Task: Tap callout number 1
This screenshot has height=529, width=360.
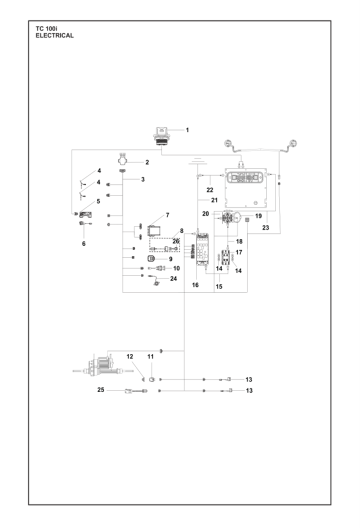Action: (x=187, y=130)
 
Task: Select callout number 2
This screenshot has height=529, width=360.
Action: (x=146, y=162)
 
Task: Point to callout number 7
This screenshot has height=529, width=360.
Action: (x=167, y=215)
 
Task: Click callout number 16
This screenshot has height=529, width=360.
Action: (x=195, y=285)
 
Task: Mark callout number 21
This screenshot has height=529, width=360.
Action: (x=214, y=200)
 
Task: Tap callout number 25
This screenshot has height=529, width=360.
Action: (x=101, y=390)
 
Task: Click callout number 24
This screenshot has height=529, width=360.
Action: (x=174, y=278)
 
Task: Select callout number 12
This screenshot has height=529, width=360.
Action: (x=130, y=357)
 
